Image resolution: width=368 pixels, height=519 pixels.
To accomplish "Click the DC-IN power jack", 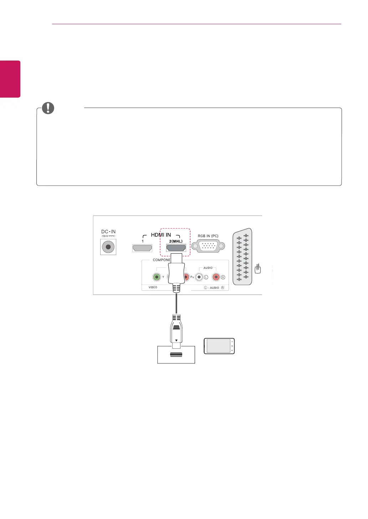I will pyautogui.click(x=108, y=247).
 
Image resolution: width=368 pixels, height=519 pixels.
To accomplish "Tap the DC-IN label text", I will pyautogui.click(x=108, y=232).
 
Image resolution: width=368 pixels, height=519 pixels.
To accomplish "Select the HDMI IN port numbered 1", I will pyautogui.click(x=142, y=248).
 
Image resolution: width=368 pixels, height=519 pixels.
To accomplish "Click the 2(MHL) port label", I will pyautogui.click(x=176, y=241).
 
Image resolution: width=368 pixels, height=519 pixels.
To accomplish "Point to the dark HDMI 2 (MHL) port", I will pyautogui.click(x=176, y=248).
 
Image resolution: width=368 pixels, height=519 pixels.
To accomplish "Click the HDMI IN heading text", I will pyautogui.click(x=161, y=235).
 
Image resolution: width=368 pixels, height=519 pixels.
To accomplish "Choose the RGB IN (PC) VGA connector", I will pyautogui.click(x=208, y=246).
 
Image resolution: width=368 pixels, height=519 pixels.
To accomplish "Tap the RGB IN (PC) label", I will pyautogui.click(x=208, y=236).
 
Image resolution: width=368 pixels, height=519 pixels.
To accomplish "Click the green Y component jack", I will pyautogui.click(x=157, y=277).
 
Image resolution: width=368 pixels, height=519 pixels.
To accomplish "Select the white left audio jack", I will pyautogui.click(x=199, y=277).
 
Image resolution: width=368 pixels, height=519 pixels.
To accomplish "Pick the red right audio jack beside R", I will pyautogui.click(x=216, y=277).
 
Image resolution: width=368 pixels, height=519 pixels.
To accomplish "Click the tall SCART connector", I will pyautogui.click(x=242, y=256).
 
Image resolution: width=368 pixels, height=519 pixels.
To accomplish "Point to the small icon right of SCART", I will pyautogui.click(x=258, y=269).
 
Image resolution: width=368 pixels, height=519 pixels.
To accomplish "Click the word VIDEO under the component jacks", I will pyautogui.click(x=153, y=287).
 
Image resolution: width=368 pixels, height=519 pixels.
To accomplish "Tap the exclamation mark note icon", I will pyautogui.click(x=48, y=108).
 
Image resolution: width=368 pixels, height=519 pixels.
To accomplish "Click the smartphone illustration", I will pyautogui.click(x=219, y=346).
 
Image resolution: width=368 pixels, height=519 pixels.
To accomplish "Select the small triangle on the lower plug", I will pyautogui.click(x=176, y=341).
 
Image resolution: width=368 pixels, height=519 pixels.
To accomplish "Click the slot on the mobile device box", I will pyautogui.click(x=176, y=354).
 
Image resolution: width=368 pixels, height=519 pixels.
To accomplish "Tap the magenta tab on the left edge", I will pyautogui.click(x=10, y=79).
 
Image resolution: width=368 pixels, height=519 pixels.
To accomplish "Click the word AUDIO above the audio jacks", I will pyautogui.click(x=208, y=268).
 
